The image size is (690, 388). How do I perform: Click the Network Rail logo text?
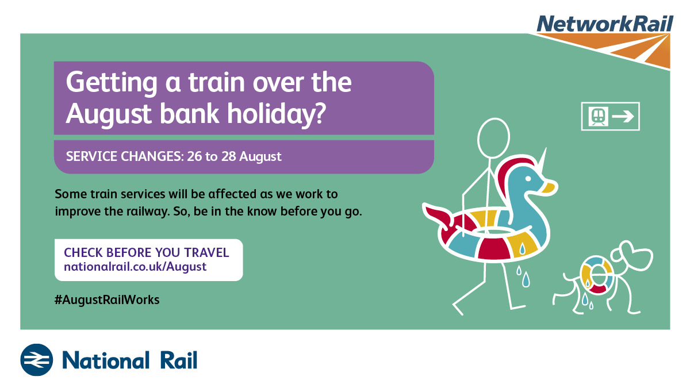[605, 24]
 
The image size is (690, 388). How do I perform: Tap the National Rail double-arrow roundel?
[37, 360]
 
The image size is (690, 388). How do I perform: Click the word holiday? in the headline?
[276, 114]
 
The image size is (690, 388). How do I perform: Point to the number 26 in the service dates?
[194, 156]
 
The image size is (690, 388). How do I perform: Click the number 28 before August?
[229, 156]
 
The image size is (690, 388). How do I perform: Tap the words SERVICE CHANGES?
[125, 156]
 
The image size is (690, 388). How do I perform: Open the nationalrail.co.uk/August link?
[135, 267]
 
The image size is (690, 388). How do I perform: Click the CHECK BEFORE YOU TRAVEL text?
[146, 252]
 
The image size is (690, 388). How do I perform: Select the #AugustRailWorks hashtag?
[107, 299]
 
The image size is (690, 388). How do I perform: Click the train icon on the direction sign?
[598, 116]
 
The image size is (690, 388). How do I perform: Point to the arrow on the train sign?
[623, 116]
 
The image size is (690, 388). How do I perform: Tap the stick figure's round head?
[493, 137]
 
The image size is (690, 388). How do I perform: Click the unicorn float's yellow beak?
[549, 187]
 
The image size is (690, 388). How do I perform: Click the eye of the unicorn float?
[528, 178]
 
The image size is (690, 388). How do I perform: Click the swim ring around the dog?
[597, 275]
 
